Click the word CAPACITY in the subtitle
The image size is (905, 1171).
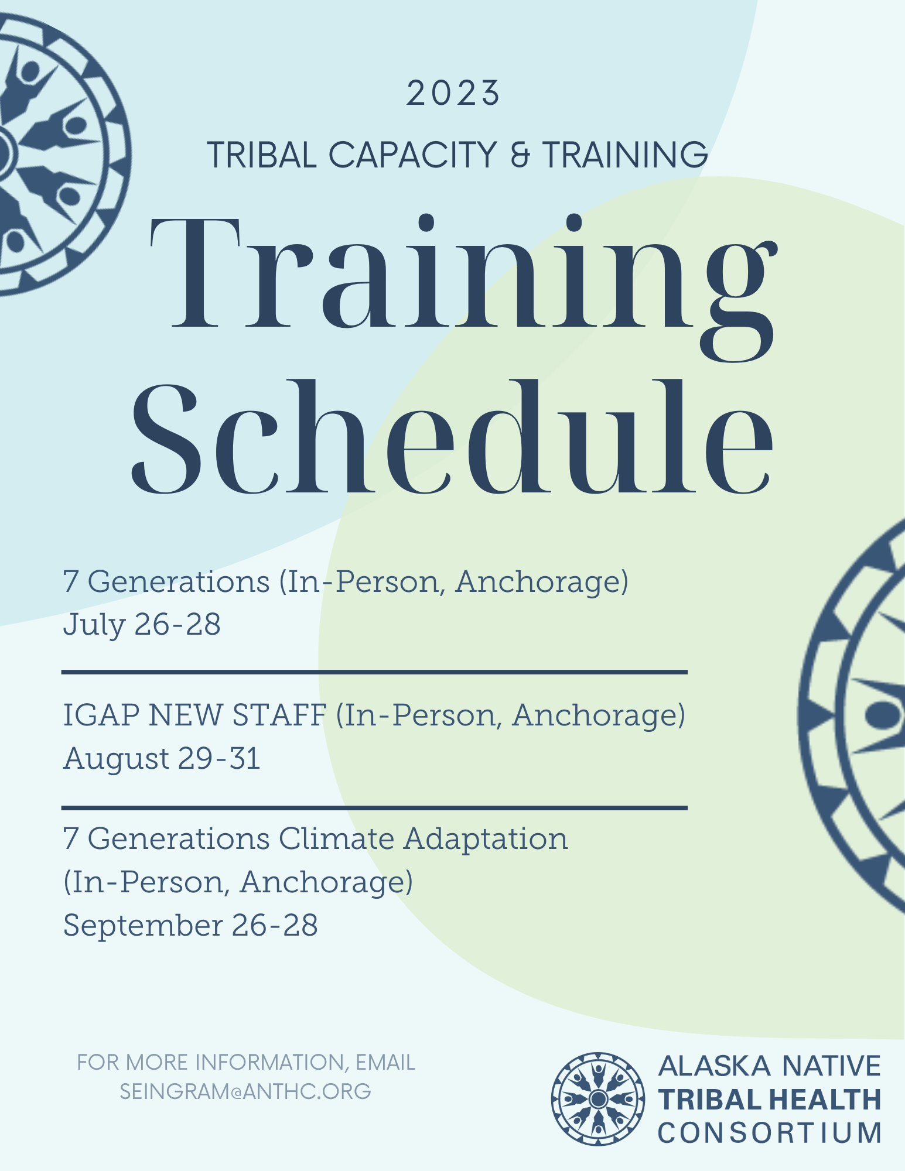412,155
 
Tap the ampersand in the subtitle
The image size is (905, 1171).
520,155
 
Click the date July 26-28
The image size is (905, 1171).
142,624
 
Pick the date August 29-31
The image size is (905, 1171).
162,759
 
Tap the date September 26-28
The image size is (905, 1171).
190,926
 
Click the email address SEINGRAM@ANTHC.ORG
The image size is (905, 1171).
245,1091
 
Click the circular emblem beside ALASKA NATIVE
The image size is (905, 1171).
598,1099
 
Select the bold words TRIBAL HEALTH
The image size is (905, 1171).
770,1100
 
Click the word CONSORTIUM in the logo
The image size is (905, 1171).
770,1133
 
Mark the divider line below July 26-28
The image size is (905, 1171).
375,672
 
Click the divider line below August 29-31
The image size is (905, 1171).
375,808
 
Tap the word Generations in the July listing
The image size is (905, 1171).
179,582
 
